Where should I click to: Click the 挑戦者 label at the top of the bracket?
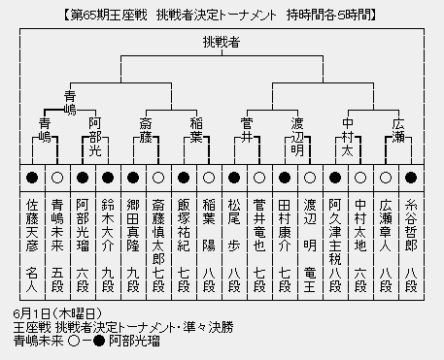tap(222, 43)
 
